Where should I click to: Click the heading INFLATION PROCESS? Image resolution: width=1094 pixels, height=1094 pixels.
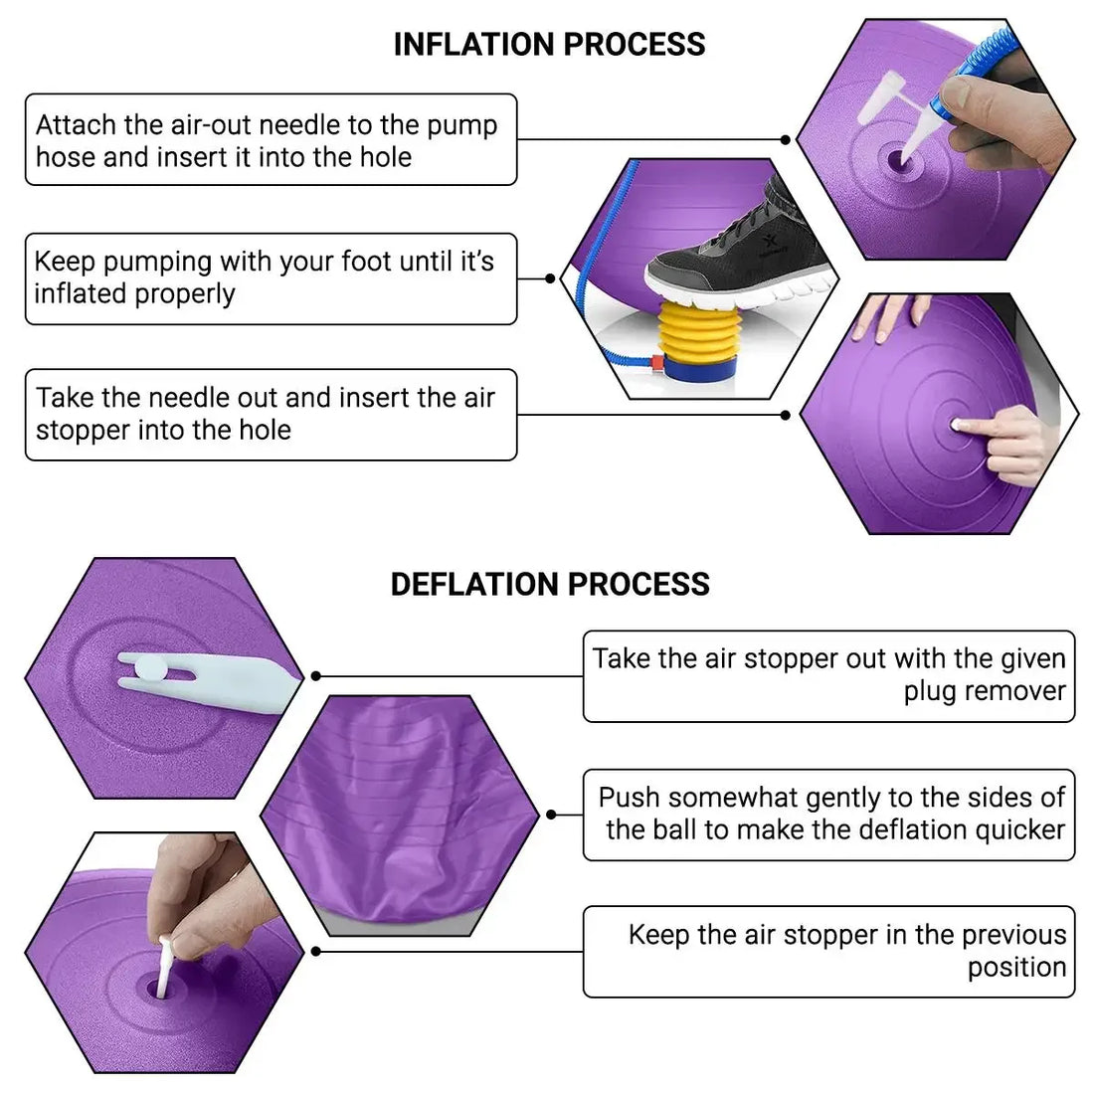pos(549,44)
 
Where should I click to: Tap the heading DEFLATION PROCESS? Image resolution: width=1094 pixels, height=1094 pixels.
pos(550,584)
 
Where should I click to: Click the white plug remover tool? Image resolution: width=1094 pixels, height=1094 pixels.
pos(208,681)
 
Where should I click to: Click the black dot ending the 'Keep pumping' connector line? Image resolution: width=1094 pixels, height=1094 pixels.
pos(550,278)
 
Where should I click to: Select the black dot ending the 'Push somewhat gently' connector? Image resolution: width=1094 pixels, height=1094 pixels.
pos(551,815)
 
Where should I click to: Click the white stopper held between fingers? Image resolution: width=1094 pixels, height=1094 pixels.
pos(166,967)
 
